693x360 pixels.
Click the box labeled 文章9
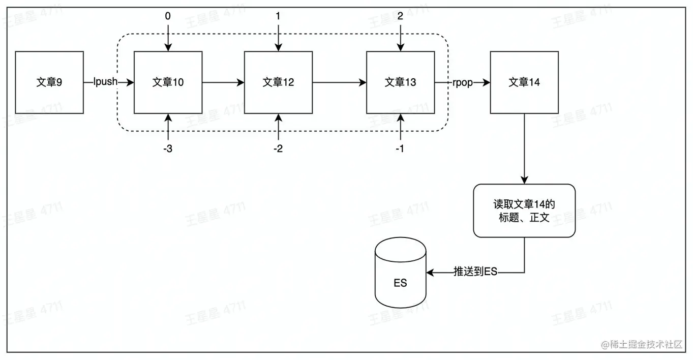pyautogui.click(x=49, y=82)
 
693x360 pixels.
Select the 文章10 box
pyautogui.click(x=168, y=82)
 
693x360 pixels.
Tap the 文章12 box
pyautogui.click(x=278, y=82)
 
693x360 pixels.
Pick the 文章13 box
pyautogui.click(x=400, y=82)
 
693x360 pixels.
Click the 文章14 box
pyautogui.click(x=524, y=82)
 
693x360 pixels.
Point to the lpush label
pyautogui.click(x=105, y=82)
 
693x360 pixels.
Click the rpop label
pyautogui.click(x=463, y=82)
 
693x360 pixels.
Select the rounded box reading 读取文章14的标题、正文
pyautogui.click(x=524, y=211)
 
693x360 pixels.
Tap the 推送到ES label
pyautogui.click(x=475, y=272)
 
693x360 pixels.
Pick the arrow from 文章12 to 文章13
pyautogui.click(x=339, y=82)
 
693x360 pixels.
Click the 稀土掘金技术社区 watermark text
pyautogui.click(x=645, y=345)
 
